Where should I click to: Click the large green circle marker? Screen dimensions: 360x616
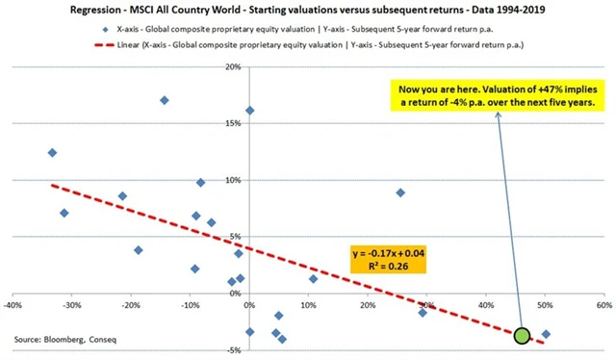[x=522, y=336]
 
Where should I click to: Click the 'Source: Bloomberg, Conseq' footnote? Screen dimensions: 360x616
[x=59, y=340]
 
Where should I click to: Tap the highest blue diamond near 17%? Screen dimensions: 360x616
[x=165, y=100]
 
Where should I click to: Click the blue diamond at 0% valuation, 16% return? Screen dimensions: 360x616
[x=250, y=111]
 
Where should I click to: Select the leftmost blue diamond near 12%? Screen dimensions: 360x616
[x=52, y=152]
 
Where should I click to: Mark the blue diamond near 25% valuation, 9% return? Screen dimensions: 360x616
[x=400, y=193]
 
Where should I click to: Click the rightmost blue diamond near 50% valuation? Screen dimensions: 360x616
[x=546, y=334]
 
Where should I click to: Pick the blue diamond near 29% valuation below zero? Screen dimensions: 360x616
[x=423, y=312]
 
